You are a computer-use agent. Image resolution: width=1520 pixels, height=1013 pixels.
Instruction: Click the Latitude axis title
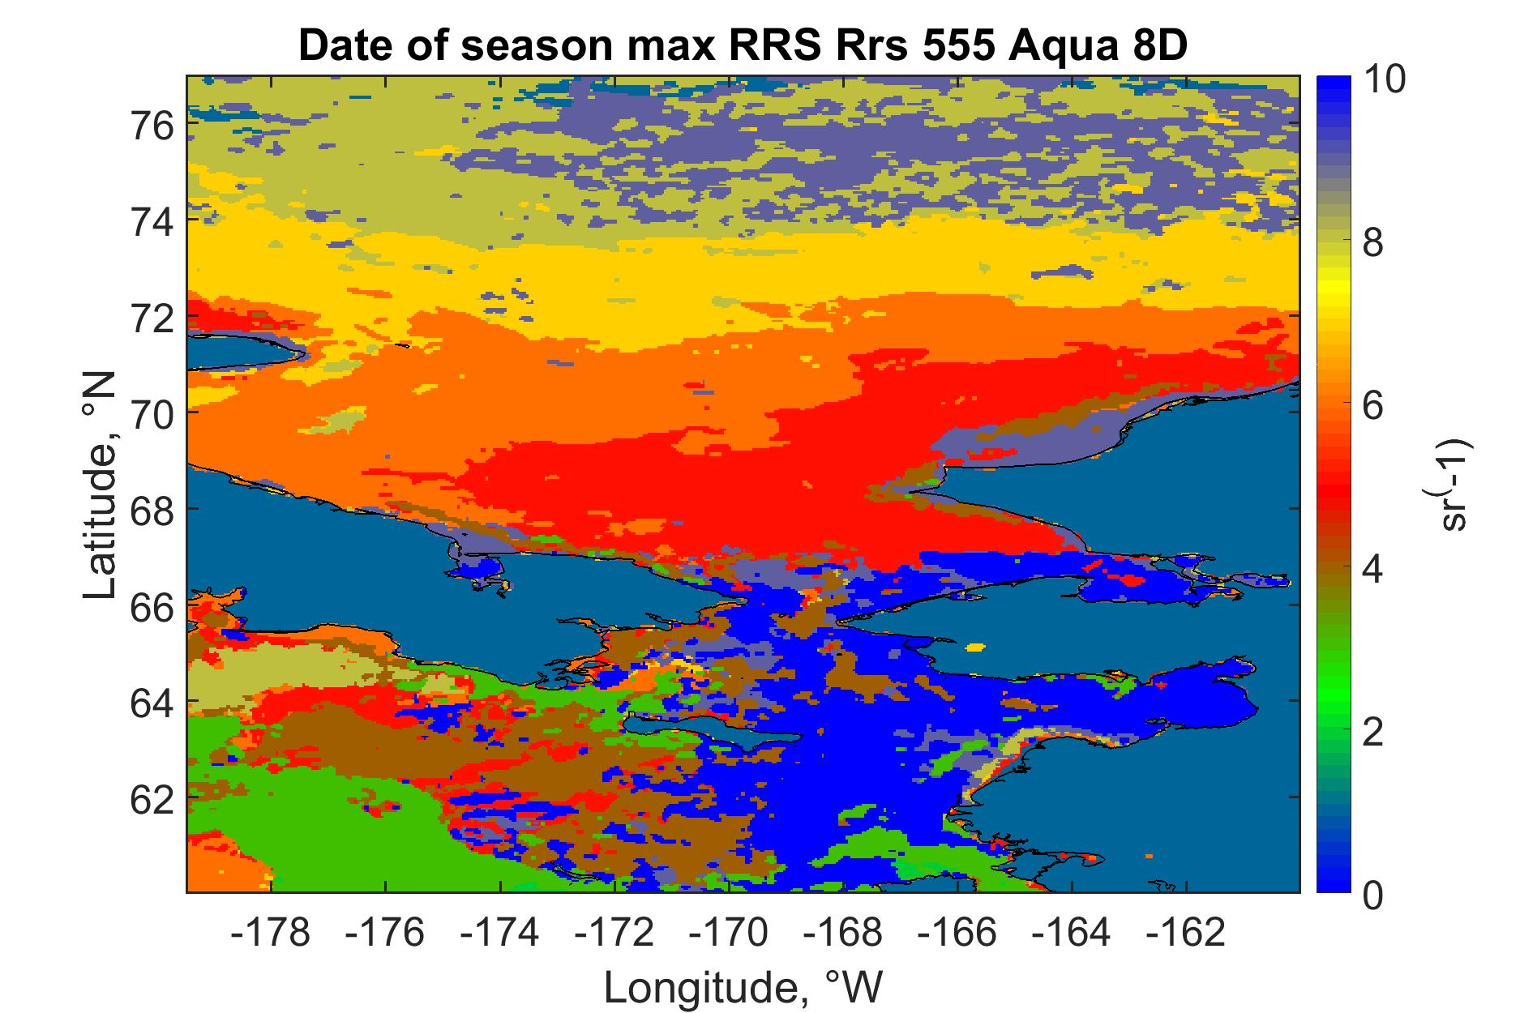tap(101, 486)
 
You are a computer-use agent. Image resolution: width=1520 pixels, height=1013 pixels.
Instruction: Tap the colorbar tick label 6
tap(1372, 405)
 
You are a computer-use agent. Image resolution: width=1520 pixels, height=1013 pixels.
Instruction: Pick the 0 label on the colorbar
tap(1372, 895)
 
